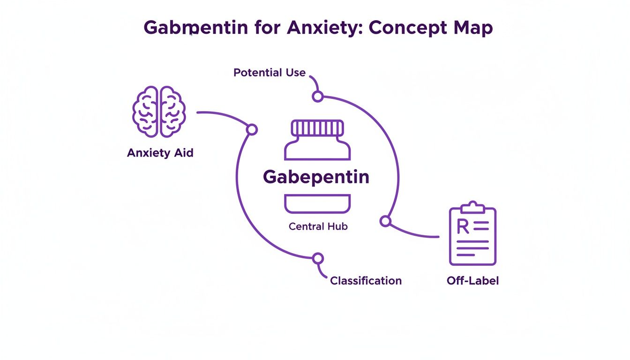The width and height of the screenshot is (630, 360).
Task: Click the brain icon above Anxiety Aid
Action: (159, 112)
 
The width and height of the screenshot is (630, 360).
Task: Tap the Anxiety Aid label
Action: (160, 153)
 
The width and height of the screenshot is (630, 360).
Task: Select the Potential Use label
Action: (270, 73)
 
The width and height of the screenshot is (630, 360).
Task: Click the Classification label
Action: (366, 281)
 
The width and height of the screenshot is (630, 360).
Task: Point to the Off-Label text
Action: (472, 281)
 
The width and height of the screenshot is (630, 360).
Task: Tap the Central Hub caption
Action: (318, 226)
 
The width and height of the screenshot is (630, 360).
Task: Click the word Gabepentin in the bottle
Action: (316, 177)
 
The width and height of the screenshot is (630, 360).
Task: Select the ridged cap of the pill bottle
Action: (317, 127)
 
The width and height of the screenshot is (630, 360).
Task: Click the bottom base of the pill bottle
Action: (317, 204)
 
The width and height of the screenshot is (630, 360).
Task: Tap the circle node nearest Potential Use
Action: (318, 97)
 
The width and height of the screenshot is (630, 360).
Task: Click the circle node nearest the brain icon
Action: (252, 129)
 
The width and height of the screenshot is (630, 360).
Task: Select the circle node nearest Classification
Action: (318, 258)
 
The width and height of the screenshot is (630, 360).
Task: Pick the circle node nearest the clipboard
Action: (385, 221)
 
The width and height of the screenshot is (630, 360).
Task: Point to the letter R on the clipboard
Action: (462, 227)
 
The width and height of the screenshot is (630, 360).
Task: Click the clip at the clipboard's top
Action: (472, 207)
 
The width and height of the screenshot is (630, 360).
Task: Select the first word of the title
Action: (195, 28)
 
